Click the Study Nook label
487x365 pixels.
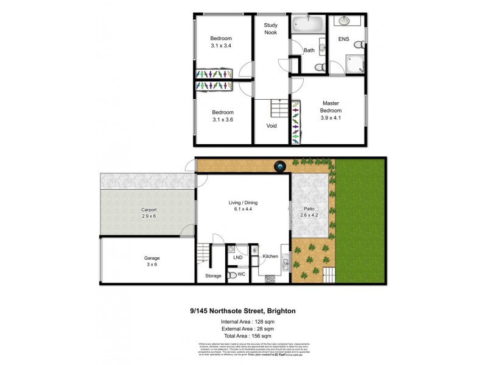(x=271, y=29)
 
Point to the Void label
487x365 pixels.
(x=272, y=126)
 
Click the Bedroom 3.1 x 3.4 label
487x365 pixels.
(x=221, y=41)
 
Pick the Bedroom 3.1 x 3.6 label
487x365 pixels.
(x=222, y=116)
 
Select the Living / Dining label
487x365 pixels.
(x=243, y=206)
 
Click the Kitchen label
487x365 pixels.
(x=270, y=256)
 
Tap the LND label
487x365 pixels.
(x=237, y=257)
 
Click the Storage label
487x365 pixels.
(x=213, y=276)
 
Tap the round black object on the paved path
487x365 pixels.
(x=280, y=165)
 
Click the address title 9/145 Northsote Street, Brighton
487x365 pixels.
(x=243, y=310)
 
